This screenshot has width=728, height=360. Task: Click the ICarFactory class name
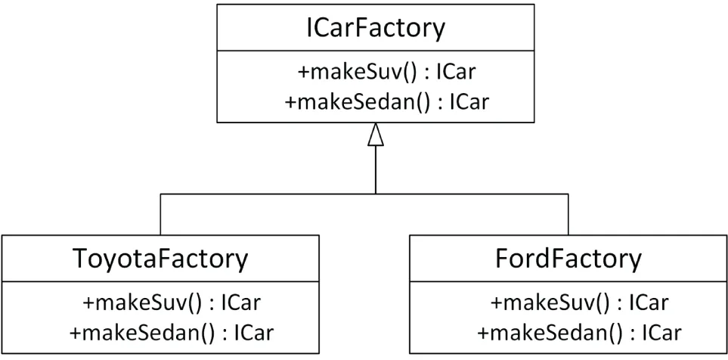[375, 28]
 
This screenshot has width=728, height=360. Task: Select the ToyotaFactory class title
[160, 259]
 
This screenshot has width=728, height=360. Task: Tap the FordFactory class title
[568, 259]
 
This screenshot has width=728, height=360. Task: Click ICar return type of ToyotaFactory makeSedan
[254, 332]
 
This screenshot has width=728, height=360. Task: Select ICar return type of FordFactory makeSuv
[649, 303]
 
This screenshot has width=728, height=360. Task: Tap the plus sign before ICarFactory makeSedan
[291, 101]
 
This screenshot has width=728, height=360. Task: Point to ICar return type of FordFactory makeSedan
[662, 332]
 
